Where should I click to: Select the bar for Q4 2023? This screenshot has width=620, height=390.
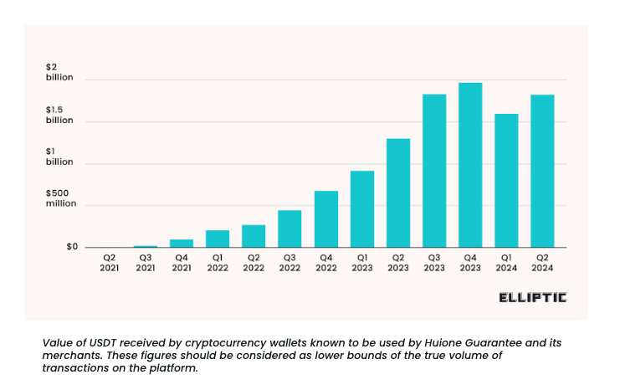click(x=470, y=165)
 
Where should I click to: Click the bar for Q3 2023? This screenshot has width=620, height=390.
click(x=434, y=171)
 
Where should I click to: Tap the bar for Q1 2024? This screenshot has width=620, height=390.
click(x=506, y=181)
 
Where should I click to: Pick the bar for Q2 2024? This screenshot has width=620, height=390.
click(x=542, y=171)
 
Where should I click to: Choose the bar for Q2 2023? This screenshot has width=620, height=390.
click(x=398, y=193)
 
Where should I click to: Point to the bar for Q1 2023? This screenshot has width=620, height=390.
click(x=362, y=209)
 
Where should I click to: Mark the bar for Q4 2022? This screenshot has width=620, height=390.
click(x=326, y=219)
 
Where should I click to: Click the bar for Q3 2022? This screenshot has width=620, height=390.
click(x=290, y=228)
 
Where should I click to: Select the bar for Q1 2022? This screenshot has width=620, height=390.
click(x=218, y=239)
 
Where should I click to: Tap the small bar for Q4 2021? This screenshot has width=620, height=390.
click(x=182, y=244)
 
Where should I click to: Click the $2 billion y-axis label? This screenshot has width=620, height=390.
click(x=59, y=72)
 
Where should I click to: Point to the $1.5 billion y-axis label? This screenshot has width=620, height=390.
click(x=59, y=115)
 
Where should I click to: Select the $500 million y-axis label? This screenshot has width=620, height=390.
click(x=60, y=198)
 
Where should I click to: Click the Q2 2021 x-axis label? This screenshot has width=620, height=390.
click(x=110, y=263)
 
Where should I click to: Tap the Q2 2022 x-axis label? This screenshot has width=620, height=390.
click(x=254, y=263)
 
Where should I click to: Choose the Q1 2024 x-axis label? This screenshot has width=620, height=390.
click(x=506, y=263)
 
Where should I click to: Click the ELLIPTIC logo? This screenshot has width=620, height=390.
click(x=532, y=297)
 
